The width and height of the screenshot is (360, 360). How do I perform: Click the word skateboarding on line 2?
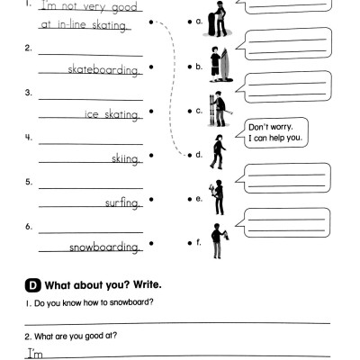[104, 68]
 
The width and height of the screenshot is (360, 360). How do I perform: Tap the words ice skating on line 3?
[112, 114]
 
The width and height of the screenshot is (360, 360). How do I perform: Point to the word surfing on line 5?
[121, 203]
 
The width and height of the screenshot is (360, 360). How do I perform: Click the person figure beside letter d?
[217, 151]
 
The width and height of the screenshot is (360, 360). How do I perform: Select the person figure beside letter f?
[217, 240]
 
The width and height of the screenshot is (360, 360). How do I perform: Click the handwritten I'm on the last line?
[34, 354]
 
